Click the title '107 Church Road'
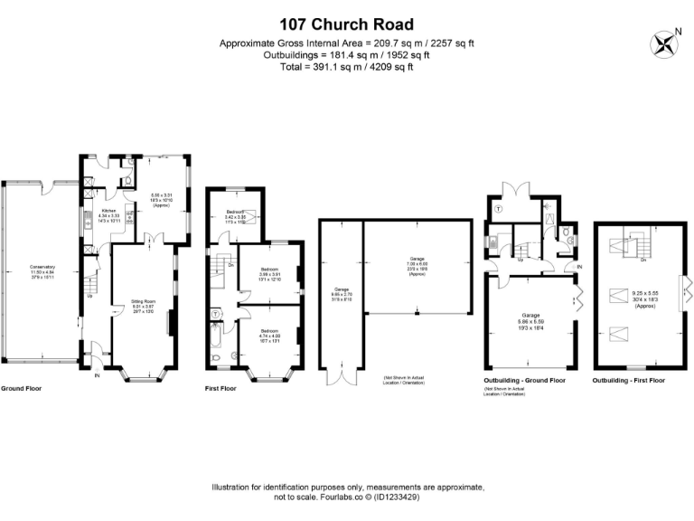point(346,24)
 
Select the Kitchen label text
point(107,214)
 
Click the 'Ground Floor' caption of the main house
point(21,388)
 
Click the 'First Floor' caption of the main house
point(221,388)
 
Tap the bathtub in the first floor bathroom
point(216,336)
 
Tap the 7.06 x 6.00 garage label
point(417,261)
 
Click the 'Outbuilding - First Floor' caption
point(629,381)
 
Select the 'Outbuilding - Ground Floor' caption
point(525,381)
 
